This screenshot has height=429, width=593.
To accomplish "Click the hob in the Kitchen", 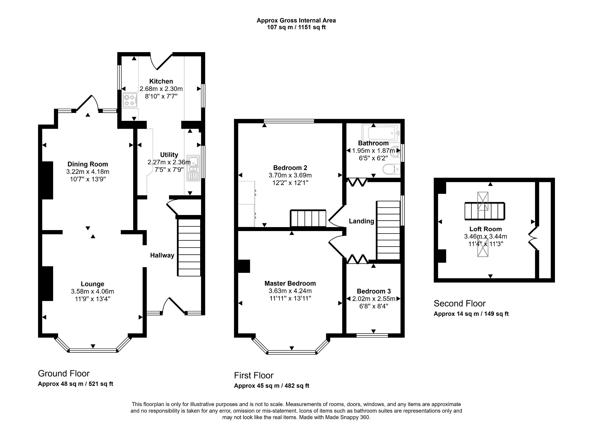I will pyautogui.click(x=130, y=100).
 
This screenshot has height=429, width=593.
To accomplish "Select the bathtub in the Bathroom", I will pyautogui.click(x=381, y=133).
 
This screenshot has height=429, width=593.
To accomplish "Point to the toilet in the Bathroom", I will pyautogui.click(x=391, y=169).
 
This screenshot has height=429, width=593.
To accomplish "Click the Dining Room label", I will pyautogui.click(x=87, y=164).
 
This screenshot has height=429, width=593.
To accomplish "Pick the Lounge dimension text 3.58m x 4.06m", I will pyautogui.click(x=92, y=291).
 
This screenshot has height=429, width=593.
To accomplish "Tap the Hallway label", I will pyautogui.click(x=162, y=256).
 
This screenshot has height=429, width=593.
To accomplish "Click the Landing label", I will pyautogui.click(x=361, y=221).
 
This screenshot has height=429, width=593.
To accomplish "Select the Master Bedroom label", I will pyautogui.click(x=290, y=283).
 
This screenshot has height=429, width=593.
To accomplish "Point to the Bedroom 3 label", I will pyautogui.click(x=374, y=291).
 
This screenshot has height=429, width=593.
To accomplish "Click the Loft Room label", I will pyautogui.click(x=486, y=229).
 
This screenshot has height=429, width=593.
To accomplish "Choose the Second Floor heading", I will pyautogui.click(x=459, y=303).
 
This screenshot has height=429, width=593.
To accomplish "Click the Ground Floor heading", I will pyautogui.click(x=64, y=373).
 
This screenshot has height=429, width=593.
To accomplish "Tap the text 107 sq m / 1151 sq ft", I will pyautogui.click(x=296, y=27).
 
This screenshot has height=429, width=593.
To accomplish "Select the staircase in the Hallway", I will pyautogui.click(x=189, y=247).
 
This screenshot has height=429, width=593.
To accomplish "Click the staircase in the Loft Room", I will pyautogui.click(x=485, y=211).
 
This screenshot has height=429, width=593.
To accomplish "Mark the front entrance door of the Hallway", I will pyautogui.click(x=174, y=306).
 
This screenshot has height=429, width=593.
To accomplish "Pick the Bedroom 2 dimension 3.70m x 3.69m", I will pyautogui.click(x=290, y=175).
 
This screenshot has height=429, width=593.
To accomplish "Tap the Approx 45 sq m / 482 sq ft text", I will pyautogui.click(x=271, y=386).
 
